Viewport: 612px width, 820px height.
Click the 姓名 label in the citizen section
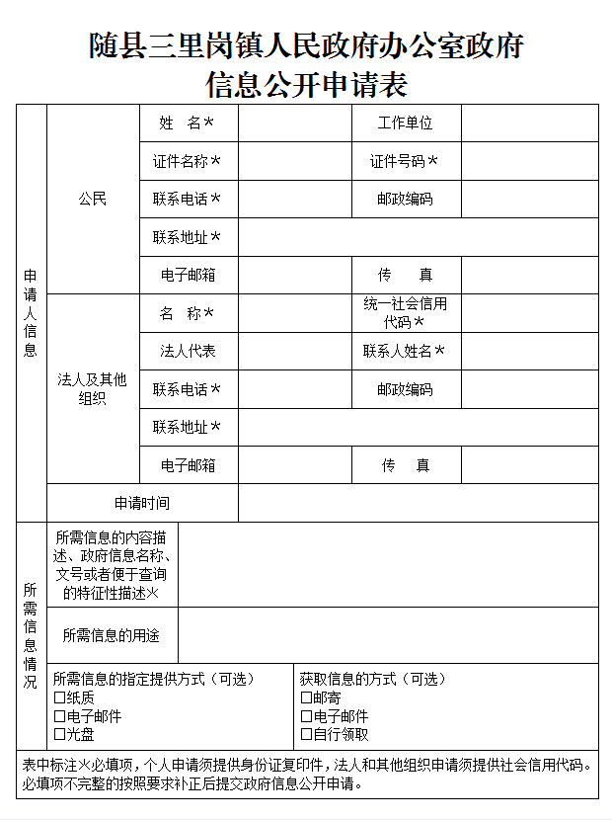187,123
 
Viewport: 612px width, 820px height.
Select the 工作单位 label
405,123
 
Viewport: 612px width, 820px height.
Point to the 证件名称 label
187,161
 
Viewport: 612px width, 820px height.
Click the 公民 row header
93,199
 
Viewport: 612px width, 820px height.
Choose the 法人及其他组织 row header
93,388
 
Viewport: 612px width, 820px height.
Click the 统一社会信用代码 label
405,313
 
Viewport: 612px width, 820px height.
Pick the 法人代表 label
188,351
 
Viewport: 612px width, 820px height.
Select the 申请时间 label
141,503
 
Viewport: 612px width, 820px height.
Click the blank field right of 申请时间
418,503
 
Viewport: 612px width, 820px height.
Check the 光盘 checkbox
59,734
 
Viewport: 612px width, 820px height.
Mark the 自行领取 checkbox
306,734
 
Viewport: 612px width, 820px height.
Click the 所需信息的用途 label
111,635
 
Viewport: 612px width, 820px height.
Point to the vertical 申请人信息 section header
31,313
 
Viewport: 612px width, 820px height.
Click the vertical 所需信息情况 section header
31,635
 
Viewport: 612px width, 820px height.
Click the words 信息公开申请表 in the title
306,84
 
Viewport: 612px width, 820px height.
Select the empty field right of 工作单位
529,123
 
